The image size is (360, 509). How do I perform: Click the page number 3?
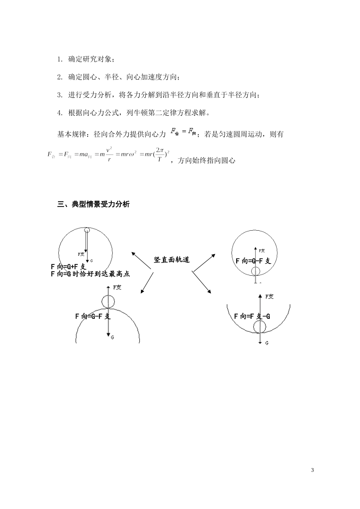tap(312, 470)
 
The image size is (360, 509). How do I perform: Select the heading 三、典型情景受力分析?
tap(93, 205)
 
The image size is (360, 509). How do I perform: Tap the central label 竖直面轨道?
tap(172, 260)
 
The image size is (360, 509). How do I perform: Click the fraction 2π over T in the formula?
tap(160, 155)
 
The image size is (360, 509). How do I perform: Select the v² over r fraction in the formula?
tap(109, 155)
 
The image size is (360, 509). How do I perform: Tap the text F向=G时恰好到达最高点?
tap(90, 274)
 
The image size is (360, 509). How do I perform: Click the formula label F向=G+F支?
tap(69, 267)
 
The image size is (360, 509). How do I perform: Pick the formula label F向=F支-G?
tap(252, 316)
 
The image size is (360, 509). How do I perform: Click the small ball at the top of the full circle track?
tap(87, 230)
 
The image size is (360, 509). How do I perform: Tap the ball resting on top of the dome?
tap(108, 301)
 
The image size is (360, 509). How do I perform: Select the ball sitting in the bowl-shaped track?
tap(260, 326)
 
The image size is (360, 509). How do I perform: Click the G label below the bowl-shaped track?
tap(267, 343)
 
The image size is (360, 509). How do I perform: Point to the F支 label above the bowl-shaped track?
tap(269, 297)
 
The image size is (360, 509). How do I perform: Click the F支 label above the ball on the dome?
tap(117, 287)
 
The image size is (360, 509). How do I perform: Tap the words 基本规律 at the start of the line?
tap(69, 134)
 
